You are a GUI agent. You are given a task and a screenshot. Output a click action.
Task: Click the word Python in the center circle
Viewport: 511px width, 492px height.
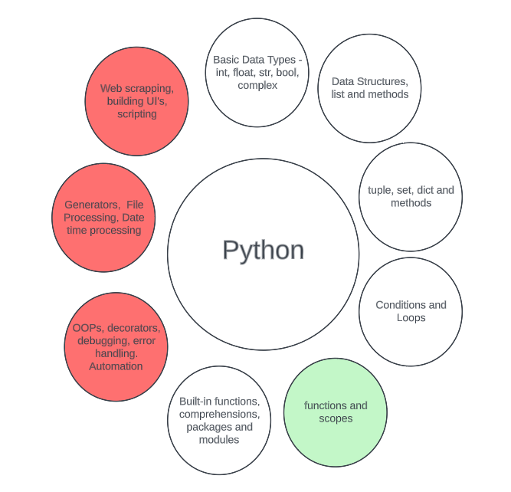click(x=263, y=251)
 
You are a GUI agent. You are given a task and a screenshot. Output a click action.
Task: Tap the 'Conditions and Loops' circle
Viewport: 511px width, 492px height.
click(x=411, y=310)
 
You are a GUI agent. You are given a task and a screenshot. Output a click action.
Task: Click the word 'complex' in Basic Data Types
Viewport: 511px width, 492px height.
click(x=257, y=85)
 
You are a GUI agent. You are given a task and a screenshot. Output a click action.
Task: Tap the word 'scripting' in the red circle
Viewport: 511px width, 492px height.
click(x=136, y=114)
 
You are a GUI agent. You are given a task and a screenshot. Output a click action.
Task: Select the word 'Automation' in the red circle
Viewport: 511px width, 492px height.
click(x=116, y=366)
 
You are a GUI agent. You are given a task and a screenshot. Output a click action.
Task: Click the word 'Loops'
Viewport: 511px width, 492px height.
click(x=411, y=317)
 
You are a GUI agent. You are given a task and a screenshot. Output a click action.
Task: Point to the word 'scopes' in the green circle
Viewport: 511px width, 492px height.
click(x=336, y=418)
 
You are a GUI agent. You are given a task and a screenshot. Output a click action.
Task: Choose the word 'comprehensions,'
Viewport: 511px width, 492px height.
click(x=219, y=414)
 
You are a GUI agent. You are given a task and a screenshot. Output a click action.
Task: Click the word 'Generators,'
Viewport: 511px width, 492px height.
click(x=91, y=205)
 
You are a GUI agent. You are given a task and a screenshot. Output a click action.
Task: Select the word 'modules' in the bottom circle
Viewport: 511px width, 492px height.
click(x=219, y=440)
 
